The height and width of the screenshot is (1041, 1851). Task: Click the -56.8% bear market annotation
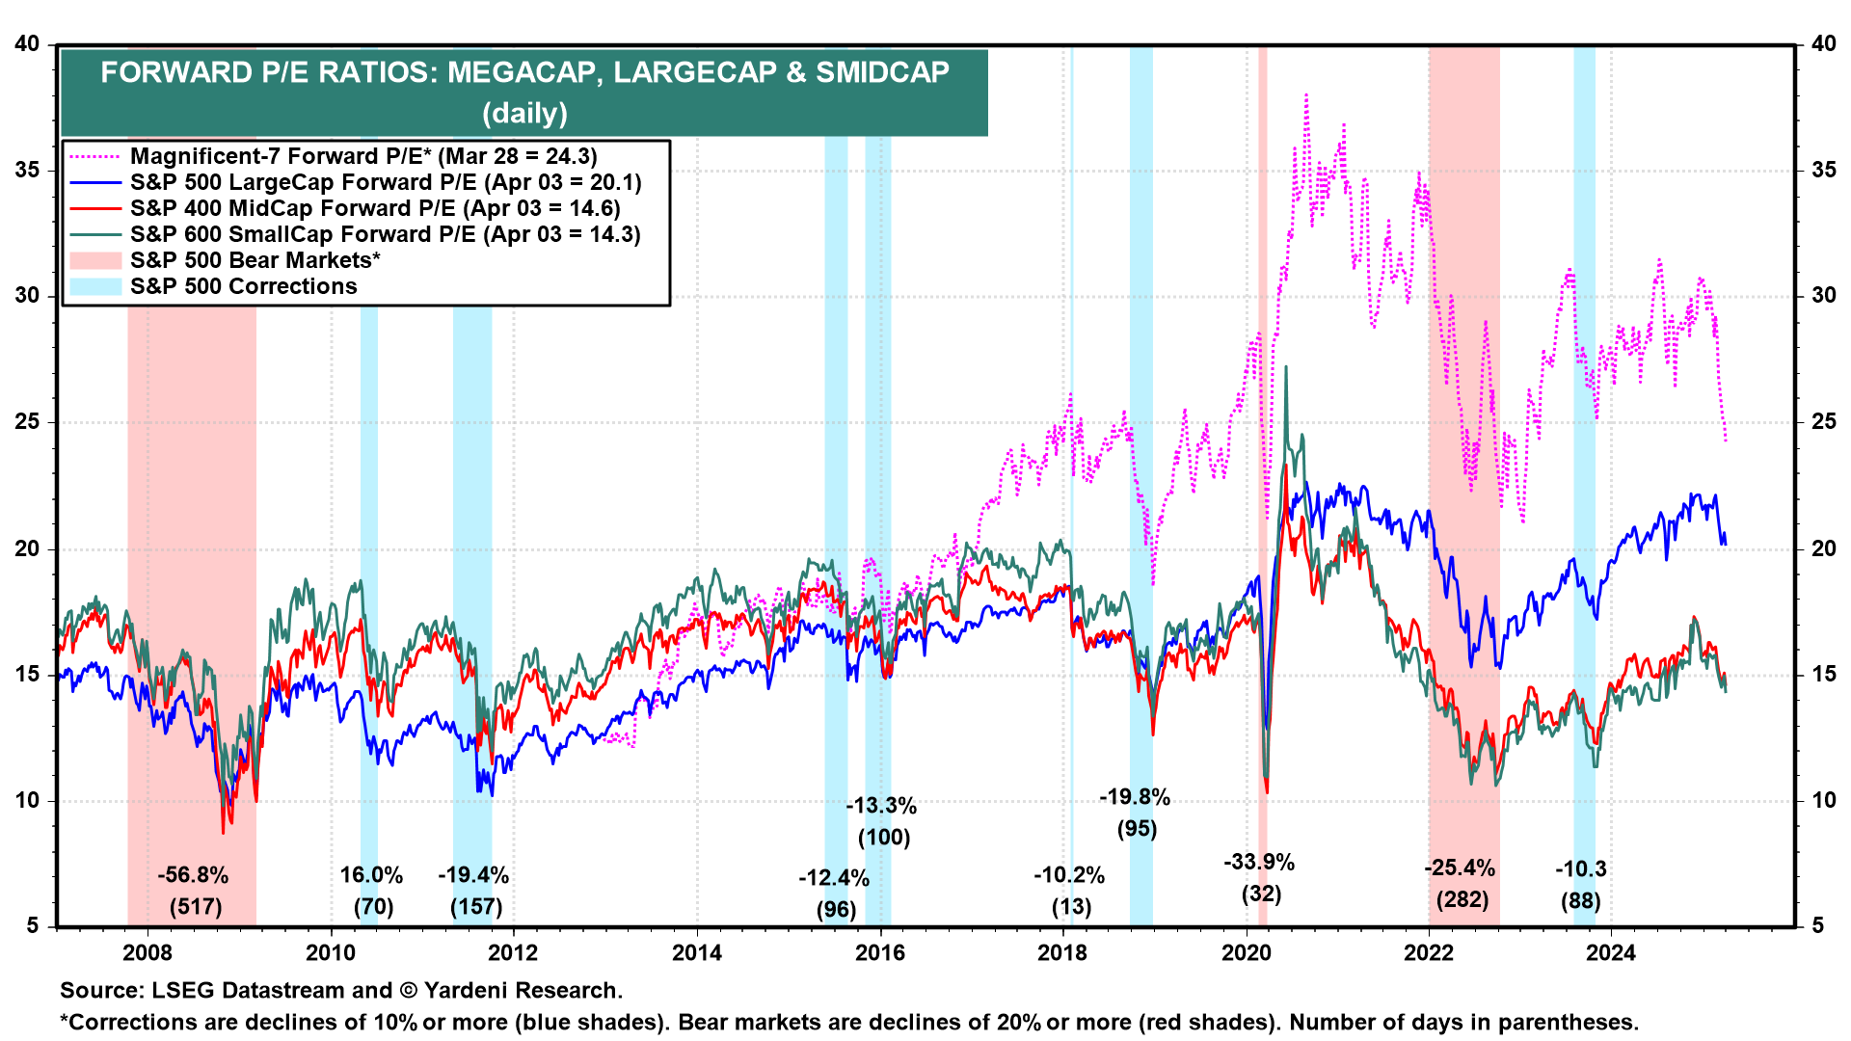point(193,875)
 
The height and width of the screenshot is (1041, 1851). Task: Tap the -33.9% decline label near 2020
point(1259,862)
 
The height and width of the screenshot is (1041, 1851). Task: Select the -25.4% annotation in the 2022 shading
point(1460,867)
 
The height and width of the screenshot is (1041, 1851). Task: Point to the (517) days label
point(196,907)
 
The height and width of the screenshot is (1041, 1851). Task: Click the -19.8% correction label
point(1135,797)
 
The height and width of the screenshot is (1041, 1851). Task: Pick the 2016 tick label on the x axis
point(880,953)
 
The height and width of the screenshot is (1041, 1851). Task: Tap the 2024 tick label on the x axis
point(1611,953)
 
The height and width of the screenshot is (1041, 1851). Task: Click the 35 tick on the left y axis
point(27,171)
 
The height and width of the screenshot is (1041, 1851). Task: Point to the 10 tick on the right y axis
point(1823,801)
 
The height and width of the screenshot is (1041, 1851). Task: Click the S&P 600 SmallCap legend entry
point(385,234)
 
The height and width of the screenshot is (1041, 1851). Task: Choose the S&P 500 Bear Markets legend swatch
point(95,260)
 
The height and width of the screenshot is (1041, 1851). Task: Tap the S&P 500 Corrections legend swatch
point(95,286)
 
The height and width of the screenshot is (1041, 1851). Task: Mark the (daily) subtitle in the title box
point(524,113)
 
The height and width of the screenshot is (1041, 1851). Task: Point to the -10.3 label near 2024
point(1580,868)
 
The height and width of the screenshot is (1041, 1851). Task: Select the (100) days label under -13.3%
point(884,837)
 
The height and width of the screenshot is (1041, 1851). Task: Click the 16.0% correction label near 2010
point(371,875)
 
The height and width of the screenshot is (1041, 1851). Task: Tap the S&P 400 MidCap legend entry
point(375,208)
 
